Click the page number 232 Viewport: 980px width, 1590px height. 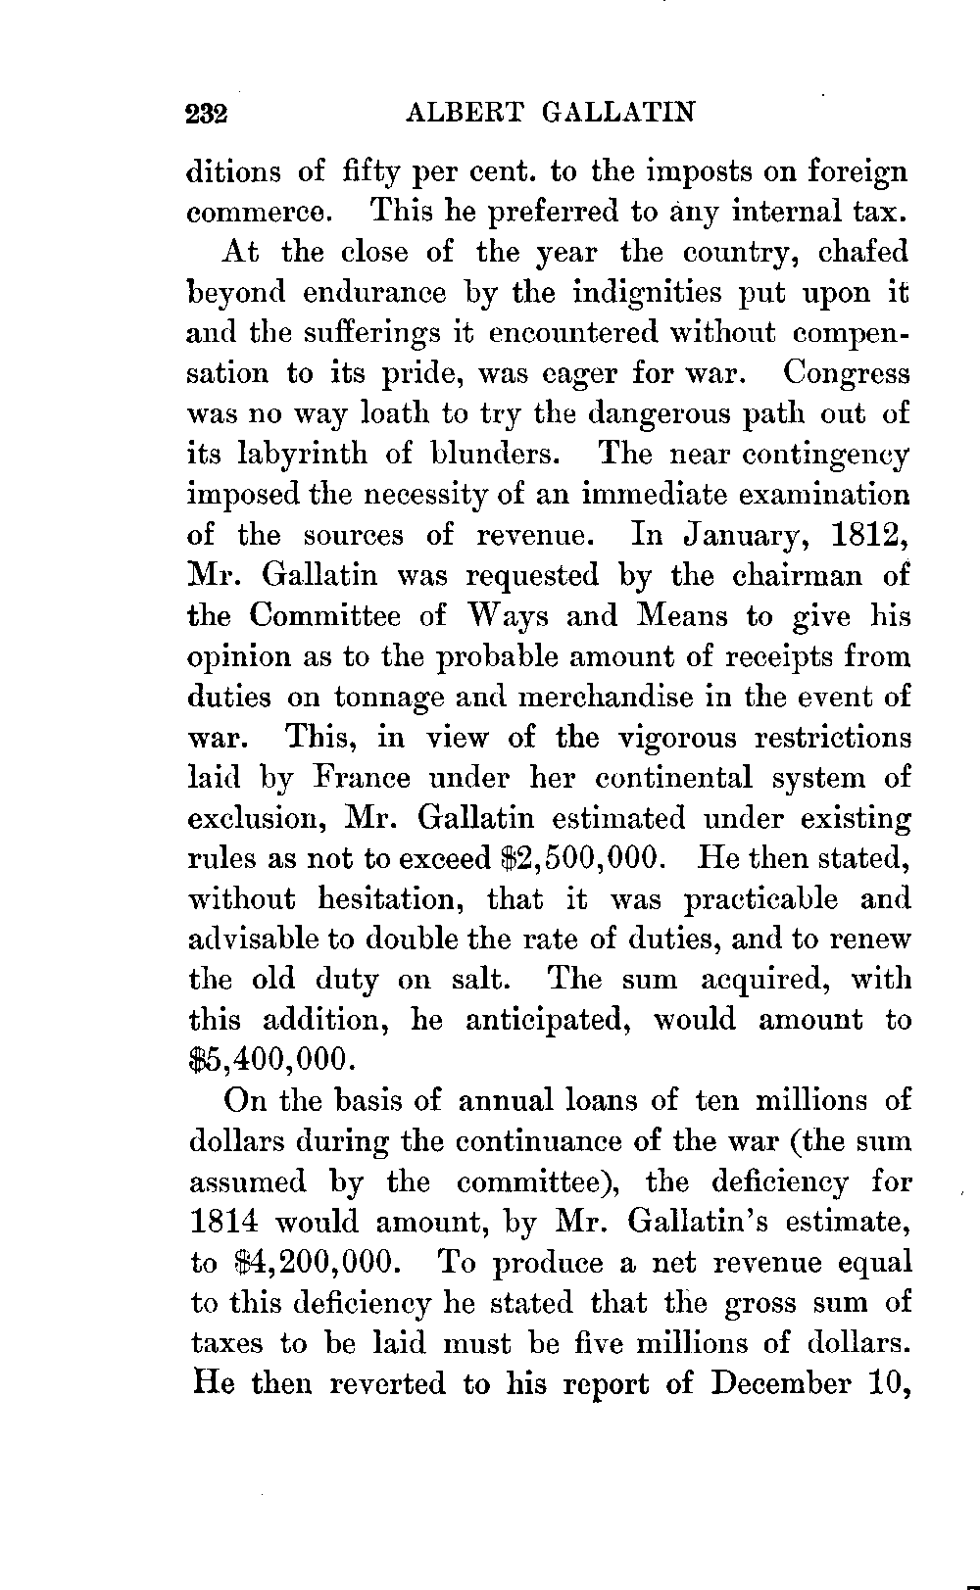coord(207,113)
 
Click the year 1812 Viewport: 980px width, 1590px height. coord(869,535)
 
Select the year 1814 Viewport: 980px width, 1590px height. coord(222,1223)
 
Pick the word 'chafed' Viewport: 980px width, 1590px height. coord(864,252)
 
